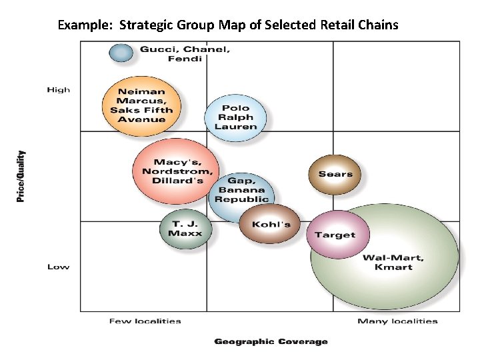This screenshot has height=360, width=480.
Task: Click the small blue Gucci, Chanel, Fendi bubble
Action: tap(121, 53)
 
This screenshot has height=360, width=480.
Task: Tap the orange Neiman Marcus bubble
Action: tap(141, 105)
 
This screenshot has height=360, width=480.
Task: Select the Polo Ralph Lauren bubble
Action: tap(235, 117)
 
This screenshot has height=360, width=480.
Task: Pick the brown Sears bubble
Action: tap(335, 173)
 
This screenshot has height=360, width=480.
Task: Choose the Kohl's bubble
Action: tap(271, 224)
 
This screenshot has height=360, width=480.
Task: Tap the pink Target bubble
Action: tap(335, 234)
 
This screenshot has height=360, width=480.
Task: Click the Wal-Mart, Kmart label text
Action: tap(393, 262)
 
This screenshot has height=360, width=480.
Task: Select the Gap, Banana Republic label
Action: tap(241, 189)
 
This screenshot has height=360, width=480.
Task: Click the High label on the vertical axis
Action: tap(58, 89)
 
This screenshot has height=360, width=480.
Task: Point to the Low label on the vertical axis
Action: tap(58, 267)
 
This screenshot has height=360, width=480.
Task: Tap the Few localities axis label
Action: tap(145, 321)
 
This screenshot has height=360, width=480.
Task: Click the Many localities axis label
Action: tap(397, 321)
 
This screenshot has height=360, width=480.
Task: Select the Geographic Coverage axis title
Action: tap(271, 342)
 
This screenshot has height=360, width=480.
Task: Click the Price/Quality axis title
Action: tap(21, 176)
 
